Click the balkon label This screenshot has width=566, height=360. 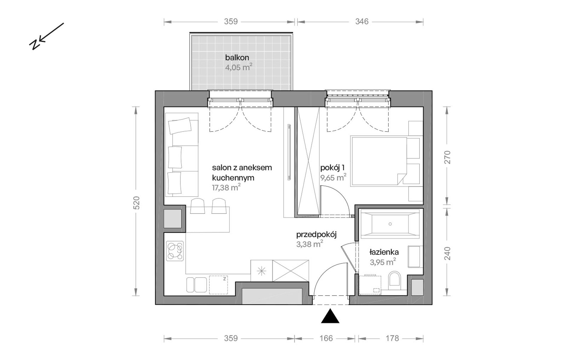click(x=237, y=57)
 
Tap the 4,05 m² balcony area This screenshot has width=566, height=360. click(x=238, y=67)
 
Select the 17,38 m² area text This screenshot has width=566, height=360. click(x=226, y=188)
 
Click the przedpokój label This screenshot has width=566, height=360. click(x=316, y=235)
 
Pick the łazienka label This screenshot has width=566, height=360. click(x=384, y=252)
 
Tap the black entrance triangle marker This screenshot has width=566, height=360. click(x=330, y=316)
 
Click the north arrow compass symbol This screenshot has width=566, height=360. click(x=46, y=36)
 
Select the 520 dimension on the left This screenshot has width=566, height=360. click(x=136, y=202)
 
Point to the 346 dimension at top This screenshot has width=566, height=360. click(x=362, y=21)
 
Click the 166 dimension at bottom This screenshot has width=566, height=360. click(x=326, y=338)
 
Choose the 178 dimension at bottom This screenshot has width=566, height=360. click(x=392, y=338)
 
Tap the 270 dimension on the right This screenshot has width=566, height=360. click(x=447, y=157)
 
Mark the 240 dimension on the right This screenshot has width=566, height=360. click(x=447, y=253)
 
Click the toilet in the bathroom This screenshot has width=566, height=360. click(x=395, y=280)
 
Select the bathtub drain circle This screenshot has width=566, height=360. click(x=390, y=224)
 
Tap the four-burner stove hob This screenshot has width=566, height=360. click(x=175, y=251)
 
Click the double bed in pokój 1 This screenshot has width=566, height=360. click(x=379, y=161)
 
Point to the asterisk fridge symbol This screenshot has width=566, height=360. click(x=261, y=271)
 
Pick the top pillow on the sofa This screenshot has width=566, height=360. click(x=180, y=126)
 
